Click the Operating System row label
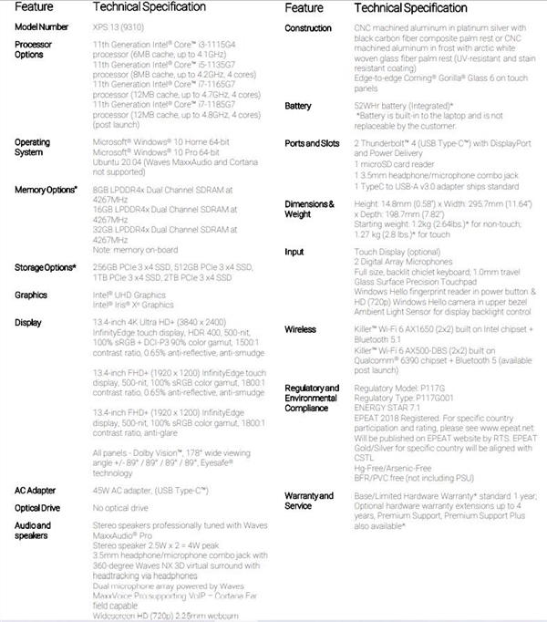33,148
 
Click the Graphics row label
31,295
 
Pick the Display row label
27,322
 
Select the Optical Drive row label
37,507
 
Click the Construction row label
308,28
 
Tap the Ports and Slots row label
312,143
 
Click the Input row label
294,251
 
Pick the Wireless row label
300,328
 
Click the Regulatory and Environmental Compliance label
313,398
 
